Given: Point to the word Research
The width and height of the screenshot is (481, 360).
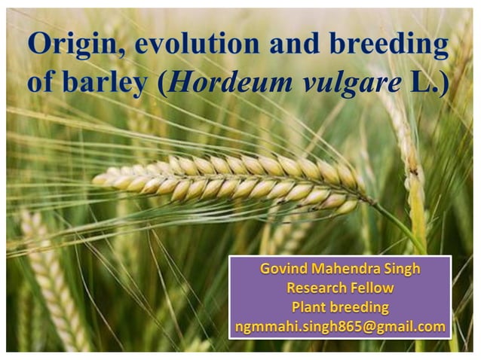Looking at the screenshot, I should pos(314,288).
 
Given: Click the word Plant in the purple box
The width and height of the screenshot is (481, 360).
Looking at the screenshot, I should pos(309,307).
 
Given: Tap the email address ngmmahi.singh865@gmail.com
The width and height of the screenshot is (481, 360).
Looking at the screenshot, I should pos(340,326).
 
